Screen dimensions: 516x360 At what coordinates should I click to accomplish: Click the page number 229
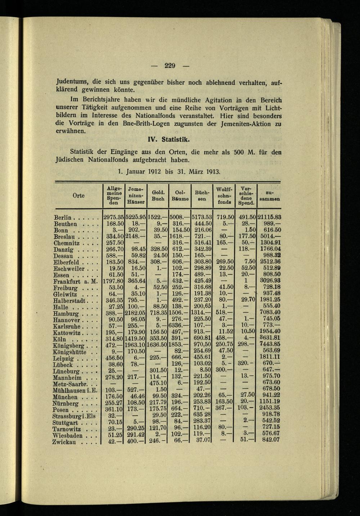click(170, 65)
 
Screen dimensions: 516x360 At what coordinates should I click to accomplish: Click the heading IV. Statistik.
click(169, 139)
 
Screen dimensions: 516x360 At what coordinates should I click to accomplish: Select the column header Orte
click(78, 195)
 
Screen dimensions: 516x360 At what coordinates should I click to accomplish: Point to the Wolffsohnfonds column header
click(224, 195)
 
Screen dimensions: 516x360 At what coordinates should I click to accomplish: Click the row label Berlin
click(63, 218)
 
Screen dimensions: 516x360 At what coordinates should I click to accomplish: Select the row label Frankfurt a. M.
click(75, 281)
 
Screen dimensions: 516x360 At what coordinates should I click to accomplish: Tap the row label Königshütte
click(70, 352)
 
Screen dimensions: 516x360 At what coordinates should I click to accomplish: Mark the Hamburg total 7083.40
click(270, 313)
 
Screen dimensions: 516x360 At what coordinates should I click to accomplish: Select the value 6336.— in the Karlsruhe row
click(179, 326)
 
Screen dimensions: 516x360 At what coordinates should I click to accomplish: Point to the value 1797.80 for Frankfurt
click(114, 281)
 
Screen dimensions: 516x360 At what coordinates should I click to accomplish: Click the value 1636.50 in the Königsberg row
click(157, 345)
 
